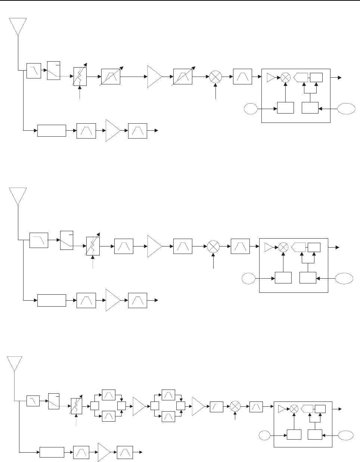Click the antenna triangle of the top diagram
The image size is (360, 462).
tap(18, 26)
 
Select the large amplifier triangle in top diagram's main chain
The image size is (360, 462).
tap(154, 77)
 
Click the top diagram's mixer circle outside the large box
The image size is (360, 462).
tap(215, 77)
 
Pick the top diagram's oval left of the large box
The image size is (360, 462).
tap(251, 109)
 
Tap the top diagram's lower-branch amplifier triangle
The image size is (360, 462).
tap(112, 130)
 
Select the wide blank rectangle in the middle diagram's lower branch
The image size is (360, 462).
tap(52, 301)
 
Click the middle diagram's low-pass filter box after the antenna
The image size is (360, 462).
tap(39, 240)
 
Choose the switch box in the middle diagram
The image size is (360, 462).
tap(66, 240)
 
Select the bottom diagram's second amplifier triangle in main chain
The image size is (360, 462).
tap(198, 406)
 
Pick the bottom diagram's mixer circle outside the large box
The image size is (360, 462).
tap(235, 406)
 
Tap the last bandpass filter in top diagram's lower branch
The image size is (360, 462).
tap(137, 130)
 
